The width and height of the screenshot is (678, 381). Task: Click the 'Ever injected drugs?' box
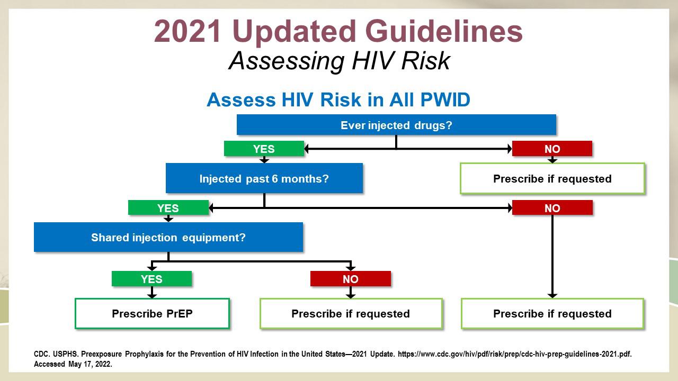(396, 124)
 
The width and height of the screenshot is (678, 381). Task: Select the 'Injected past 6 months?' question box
(264, 178)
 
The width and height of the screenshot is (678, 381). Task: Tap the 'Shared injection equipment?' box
(168, 237)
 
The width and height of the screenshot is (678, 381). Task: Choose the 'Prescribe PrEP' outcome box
(152, 314)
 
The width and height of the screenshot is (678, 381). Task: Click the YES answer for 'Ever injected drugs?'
(264, 149)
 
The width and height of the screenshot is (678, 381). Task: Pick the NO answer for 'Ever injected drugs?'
(552, 149)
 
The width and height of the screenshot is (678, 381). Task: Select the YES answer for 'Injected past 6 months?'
(168, 208)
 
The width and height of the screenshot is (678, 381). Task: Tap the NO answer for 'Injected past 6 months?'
(552, 208)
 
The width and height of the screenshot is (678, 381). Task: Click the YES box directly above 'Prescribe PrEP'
(151, 278)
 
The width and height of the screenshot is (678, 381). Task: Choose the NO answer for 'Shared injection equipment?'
(351, 278)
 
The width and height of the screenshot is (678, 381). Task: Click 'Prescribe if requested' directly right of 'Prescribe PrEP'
(351, 314)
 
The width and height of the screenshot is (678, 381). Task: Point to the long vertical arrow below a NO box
(552, 257)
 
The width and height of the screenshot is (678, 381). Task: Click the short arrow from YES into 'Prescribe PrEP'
(152, 292)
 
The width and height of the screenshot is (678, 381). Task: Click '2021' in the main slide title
(188, 31)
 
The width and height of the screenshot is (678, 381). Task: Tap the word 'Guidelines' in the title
(444, 31)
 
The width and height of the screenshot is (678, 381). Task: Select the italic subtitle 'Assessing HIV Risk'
(340, 61)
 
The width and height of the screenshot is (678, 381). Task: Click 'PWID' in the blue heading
(445, 100)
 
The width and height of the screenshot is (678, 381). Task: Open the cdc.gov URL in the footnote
(514, 354)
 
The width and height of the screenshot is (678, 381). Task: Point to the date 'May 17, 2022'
(90, 364)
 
